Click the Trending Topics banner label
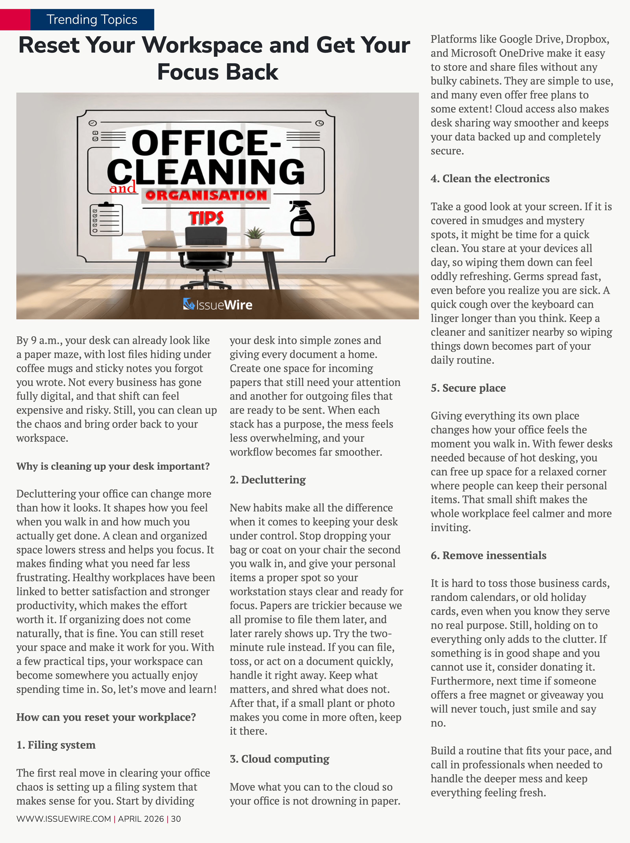92,20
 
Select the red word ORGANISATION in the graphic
206,195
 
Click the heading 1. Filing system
56,745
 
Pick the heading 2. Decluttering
267,480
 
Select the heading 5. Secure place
468,388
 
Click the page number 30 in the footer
176,819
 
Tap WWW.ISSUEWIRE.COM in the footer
64,819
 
